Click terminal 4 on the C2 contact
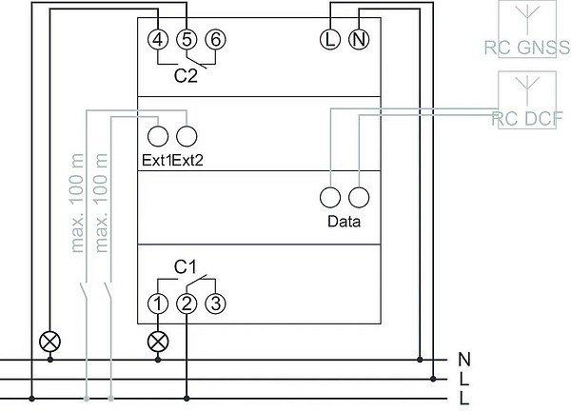159,39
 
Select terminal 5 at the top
187,39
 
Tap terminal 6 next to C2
216,39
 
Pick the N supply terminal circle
360,39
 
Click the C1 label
186,270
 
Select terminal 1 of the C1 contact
158,304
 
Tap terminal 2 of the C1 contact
187,304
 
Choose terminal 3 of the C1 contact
216,304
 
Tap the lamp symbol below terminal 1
158,340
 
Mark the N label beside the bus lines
464,359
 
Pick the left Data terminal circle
331,197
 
